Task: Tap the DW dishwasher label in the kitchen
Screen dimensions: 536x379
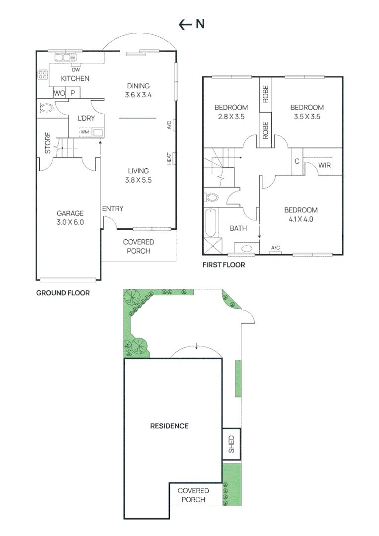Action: click(76, 69)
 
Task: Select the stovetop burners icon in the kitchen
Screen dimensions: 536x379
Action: click(43, 75)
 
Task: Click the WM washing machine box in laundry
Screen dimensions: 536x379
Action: click(85, 132)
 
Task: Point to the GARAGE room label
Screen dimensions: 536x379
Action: click(70, 213)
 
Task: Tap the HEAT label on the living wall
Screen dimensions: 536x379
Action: click(169, 159)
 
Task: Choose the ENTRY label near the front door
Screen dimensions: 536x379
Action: click(113, 209)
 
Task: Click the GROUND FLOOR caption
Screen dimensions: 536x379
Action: click(63, 293)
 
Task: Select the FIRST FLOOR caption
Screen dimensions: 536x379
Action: click(224, 265)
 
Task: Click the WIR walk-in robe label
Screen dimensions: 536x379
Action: click(324, 165)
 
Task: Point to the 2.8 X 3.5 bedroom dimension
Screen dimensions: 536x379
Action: click(231, 117)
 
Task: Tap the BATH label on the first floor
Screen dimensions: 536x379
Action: click(238, 228)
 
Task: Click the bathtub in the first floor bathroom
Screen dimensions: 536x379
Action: click(210, 223)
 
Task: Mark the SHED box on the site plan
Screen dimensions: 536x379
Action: click(231, 444)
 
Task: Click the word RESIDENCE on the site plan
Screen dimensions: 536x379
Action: click(169, 426)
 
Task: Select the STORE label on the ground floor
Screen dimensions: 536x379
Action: click(48, 142)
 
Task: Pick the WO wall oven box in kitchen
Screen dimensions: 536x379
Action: click(60, 93)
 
